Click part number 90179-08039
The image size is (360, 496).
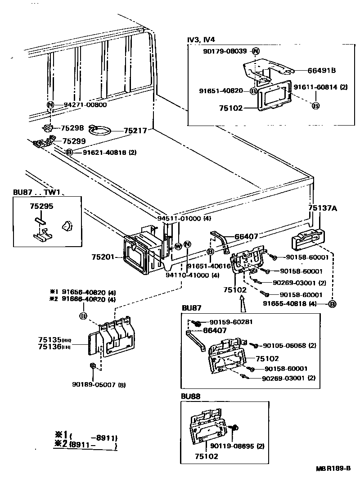click(x=225, y=51)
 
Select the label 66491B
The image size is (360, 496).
click(x=322, y=70)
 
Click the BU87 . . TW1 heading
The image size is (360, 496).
click(x=36, y=193)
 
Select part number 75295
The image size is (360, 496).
click(x=41, y=207)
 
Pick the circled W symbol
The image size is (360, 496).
click(x=178, y=246)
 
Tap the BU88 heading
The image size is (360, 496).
click(x=191, y=397)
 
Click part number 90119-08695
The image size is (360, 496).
click(x=238, y=446)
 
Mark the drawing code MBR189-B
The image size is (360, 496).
click(x=333, y=468)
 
